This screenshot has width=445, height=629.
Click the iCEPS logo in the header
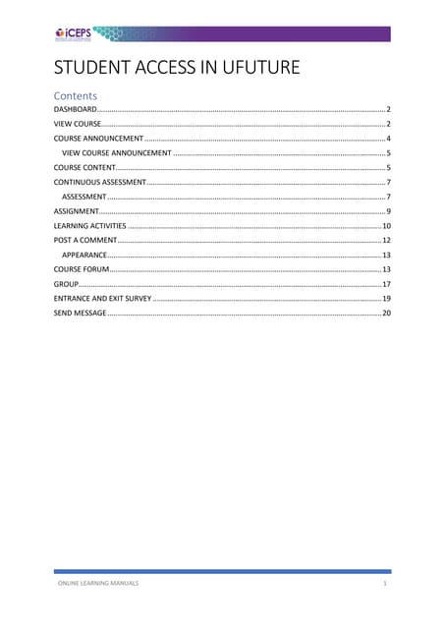pos(74,33)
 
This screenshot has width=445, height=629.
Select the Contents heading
pos(76,96)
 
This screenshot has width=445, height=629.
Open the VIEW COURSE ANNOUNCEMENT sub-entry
pos(117,153)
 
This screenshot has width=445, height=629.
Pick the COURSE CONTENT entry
pos(84,168)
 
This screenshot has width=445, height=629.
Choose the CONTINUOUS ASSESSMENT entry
pos(99,183)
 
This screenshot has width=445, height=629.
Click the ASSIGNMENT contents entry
pos(77,211)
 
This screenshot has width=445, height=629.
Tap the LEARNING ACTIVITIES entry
pos(89,226)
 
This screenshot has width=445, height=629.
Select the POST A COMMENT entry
pos(84,240)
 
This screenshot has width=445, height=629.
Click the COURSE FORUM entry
pos(81,268)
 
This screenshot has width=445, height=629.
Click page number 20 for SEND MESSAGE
pos(387,313)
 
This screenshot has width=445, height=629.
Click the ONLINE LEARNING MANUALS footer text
pos(95,584)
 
